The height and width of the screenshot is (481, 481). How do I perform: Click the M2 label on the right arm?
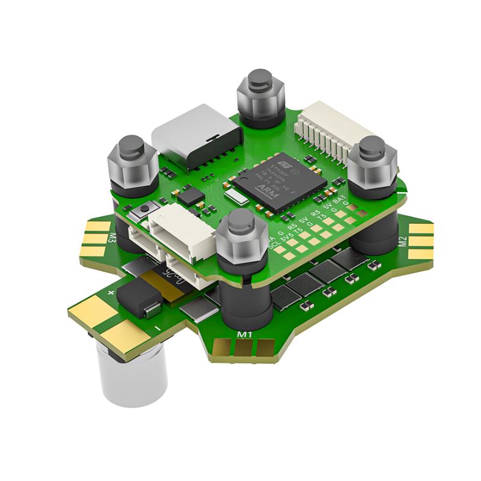pyautogui.click(x=403, y=241)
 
